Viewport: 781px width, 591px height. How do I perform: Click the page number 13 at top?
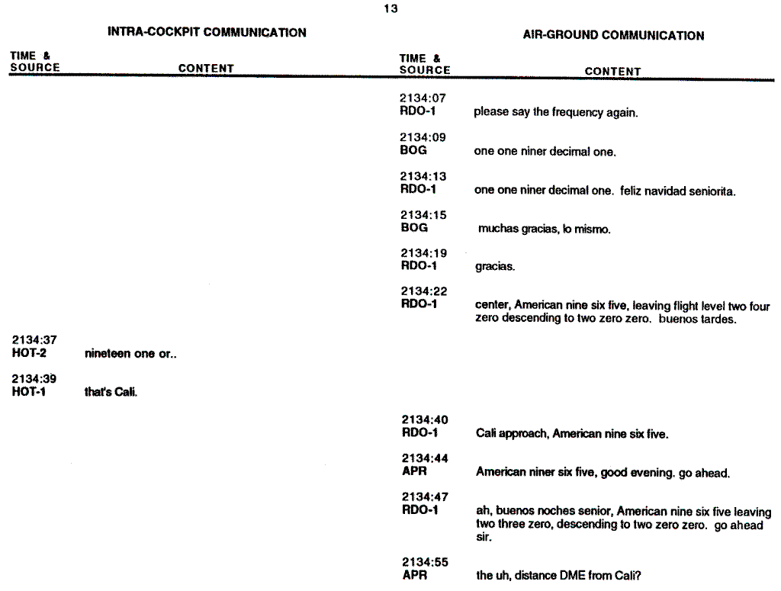point(390,9)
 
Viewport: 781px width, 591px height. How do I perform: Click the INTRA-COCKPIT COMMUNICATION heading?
point(207,33)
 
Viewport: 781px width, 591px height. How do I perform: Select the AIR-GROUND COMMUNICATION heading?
point(613,35)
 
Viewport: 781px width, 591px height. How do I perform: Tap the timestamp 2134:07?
point(423,98)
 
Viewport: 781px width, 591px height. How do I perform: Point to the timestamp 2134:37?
point(34,340)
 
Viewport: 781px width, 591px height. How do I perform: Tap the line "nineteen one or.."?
point(130,355)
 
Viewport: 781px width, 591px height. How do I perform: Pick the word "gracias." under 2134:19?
point(495,267)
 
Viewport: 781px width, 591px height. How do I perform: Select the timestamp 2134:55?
point(425,563)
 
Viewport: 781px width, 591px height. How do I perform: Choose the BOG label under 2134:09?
point(413,150)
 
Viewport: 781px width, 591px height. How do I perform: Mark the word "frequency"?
point(577,112)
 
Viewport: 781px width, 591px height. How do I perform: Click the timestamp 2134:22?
point(423,291)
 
